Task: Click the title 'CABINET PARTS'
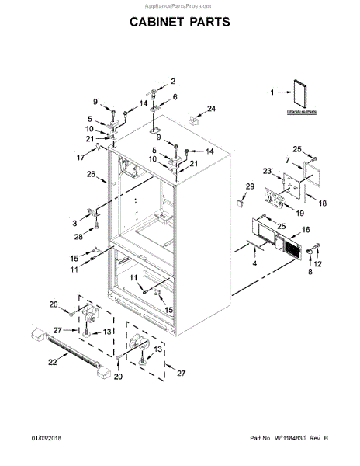click(x=179, y=22)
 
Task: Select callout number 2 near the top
click(x=172, y=82)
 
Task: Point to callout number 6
click(x=175, y=97)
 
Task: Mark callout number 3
click(x=74, y=221)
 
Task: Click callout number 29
click(x=250, y=186)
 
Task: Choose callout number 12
click(x=317, y=265)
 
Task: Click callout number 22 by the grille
click(x=53, y=360)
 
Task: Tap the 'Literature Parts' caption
click(x=300, y=113)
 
